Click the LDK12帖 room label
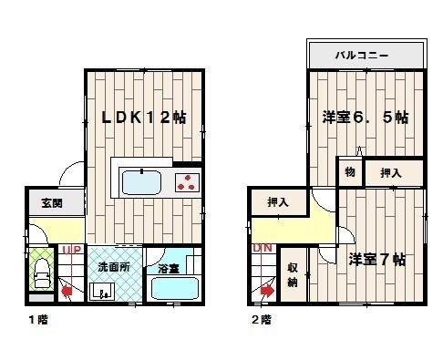pyautogui.click(x=143, y=118)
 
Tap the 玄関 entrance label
pyautogui.click(x=52, y=203)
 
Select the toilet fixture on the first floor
pyautogui.click(x=42, y=273)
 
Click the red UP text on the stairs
pyautogui.click(x=72, y=250)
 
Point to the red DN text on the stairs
pyautogui.click(x=263, y=248)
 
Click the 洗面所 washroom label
pyautogui.click(x=114, y=267)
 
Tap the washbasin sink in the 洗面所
pyautogui.click(x=102, y=291)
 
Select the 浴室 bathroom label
pyautogui.click(x=169, y=269)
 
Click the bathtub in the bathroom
pyautogui.click(x=175, y=288)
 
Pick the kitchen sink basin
pyautogui.click(x=141, y=182)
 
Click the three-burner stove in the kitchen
pyautogui.click(x=187, y=182)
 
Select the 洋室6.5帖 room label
pyautogui.click(x=366, y=118)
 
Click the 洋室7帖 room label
pyautogui.click(x=376, y=260)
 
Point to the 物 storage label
pyautogui.click(x=350, y=172)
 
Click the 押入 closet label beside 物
pyautogui.click(x=391, y=173)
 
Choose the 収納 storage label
pyautogui.click(x=293, y=275)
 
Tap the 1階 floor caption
pyautogui.click(x=38, y=320)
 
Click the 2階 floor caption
pyautogui.click(x=262, y=320)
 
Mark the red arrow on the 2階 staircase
pyautogui.click(x=267, y=292)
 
